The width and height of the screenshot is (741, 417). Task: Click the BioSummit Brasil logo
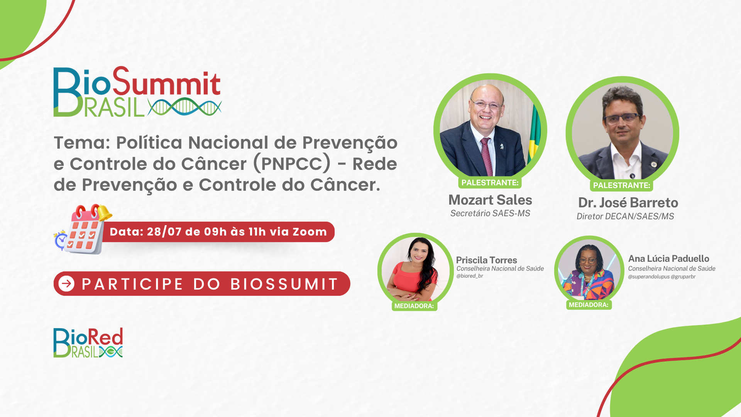point(137,92)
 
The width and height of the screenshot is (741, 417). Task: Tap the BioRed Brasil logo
point(88,343)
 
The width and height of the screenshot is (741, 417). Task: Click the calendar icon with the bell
point(83,229)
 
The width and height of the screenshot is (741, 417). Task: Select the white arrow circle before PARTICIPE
point(66,284)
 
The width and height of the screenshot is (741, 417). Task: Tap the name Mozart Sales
point(490,200)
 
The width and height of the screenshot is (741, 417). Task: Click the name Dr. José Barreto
point(628,203)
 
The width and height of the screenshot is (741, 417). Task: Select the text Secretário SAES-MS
point(490,213)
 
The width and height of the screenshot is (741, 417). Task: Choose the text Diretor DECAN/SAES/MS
point(625,216)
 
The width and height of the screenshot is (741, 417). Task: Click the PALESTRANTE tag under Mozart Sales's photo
point(490,183)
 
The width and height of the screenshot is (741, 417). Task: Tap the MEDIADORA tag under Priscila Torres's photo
point(414,306)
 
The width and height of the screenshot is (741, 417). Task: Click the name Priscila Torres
point(486,260)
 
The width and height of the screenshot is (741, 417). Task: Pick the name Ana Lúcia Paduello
point(668,259)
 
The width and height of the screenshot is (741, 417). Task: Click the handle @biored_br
point(470,276)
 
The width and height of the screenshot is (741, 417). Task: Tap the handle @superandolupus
point(648,277)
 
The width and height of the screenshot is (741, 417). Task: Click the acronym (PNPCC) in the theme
point(292,164)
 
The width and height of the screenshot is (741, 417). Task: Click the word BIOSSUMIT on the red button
point(284,284)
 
